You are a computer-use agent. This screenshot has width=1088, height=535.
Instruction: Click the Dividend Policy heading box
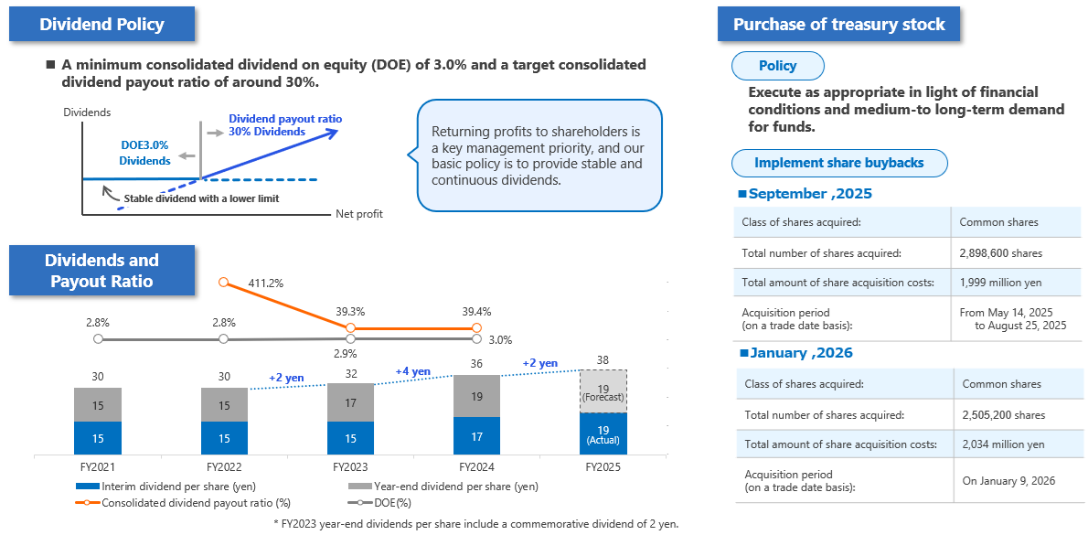tap(101, 25)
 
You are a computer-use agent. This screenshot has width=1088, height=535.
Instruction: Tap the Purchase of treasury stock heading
tap(838, 25)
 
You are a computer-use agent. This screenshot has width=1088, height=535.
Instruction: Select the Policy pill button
tap(778, 66)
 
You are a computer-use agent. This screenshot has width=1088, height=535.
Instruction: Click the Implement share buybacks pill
tap(839, 163)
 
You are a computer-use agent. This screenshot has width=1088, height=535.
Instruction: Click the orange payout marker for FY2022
tap(224, 283)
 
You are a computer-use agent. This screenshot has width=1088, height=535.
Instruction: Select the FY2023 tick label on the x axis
tap(350, 466)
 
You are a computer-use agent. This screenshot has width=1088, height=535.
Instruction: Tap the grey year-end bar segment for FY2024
tap(477, 396)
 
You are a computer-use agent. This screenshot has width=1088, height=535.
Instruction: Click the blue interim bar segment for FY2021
tap(98, 438)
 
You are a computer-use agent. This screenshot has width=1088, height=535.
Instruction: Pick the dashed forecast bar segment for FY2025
tap(603, 391)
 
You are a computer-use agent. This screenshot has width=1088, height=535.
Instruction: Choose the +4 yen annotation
tap(412, 371)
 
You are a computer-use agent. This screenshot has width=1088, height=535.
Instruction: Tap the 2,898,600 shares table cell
tap(1000, 253)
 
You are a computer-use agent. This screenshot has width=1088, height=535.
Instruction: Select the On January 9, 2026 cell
tap(1009, 481)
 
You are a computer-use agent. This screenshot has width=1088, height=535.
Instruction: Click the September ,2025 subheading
tap(810, 194)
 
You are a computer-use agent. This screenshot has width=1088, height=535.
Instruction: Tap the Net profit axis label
tap(359, 214)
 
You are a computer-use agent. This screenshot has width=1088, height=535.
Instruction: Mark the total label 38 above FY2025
tap(603, 359)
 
